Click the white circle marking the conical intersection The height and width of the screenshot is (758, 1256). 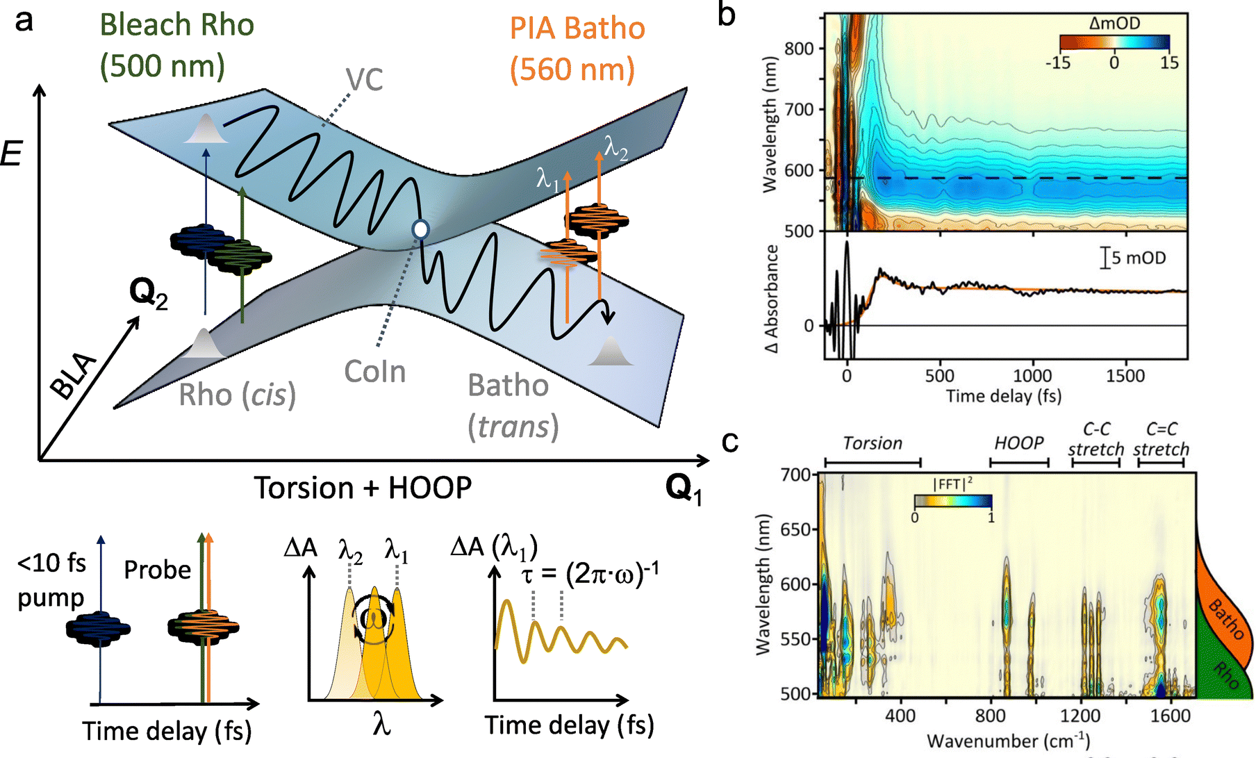click(x=420, y=229)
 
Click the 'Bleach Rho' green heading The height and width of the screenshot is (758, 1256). click(x=177, y=26)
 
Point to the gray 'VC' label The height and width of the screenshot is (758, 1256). click(x=365, y=81)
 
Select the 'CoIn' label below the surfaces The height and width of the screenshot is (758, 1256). click(x=375, y=372)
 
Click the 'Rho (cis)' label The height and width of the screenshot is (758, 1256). click(x=237, y=395)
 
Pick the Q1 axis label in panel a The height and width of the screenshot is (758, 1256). click(x=684, y=488)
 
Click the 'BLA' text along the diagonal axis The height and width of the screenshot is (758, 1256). click(x=74, y=376)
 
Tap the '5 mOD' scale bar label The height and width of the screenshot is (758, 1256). click(x=1138, y=258)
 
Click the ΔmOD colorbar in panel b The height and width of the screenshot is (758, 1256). click(x=1114, y=42)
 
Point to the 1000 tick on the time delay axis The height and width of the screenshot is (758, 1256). click(x=1032, y=376)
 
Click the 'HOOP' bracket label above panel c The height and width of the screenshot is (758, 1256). click(x=1018, y=443)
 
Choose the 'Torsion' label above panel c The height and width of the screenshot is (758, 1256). click(x=873, y=443)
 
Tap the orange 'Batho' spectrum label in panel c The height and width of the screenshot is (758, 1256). click(x=1226, y=618)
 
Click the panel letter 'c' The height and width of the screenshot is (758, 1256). click(x=729, y=441)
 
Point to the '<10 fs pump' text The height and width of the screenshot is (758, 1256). click(x=51, y=579)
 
